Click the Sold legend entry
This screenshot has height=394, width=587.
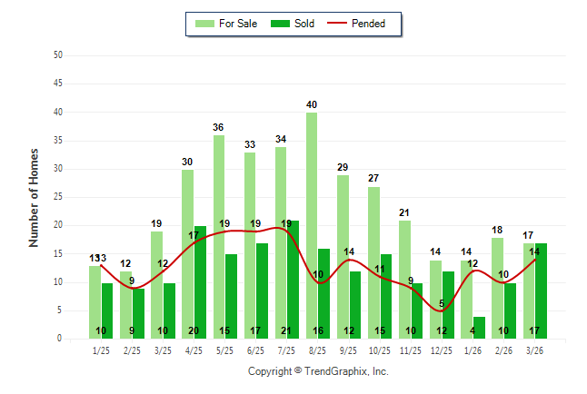click(293, 24)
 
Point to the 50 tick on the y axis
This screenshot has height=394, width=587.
click(58, 55)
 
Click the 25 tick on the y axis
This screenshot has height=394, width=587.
click(58, 197)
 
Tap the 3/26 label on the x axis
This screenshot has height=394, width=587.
click(535, 350)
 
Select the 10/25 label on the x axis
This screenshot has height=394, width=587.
click(380, 350)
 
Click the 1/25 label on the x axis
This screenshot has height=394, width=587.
click(101, 350)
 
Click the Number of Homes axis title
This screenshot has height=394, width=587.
click(35, 197)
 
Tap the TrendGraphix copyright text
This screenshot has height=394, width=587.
click(318, 371)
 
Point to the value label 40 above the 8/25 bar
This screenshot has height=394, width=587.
click(312, 104)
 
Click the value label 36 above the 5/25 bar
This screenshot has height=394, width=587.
click(219, 127)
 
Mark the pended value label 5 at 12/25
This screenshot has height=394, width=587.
click(442, 304)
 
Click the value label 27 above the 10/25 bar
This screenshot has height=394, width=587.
click(373, 178)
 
